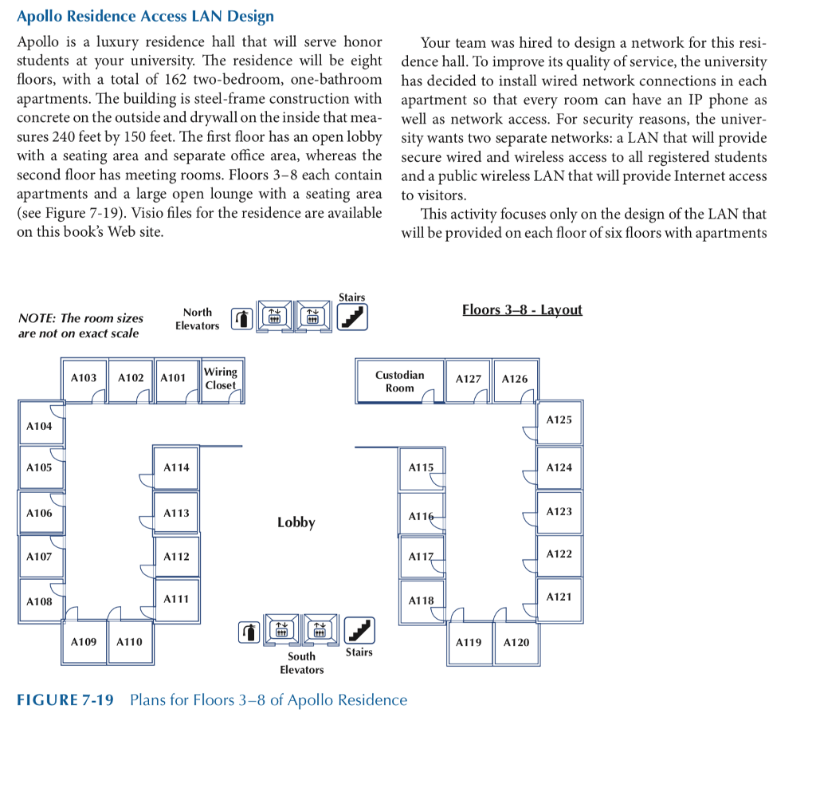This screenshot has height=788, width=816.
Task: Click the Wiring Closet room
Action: click(221, 379)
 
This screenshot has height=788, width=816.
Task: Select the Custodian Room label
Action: click(399, 381)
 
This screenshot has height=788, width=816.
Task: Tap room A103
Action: click(84, 378)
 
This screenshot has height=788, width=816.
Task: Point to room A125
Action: click(559, 420)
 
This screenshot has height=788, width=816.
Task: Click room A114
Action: click(176, 468)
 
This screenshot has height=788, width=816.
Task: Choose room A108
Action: click(39, 601)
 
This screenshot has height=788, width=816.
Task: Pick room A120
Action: click(516, 642)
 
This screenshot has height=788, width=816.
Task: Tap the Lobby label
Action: click(296, 522)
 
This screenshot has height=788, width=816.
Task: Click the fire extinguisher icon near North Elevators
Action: click(241, 319)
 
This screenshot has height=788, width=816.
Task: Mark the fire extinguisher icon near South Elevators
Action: click(250, 632)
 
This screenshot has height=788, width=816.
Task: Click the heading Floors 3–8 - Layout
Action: click(522, 309)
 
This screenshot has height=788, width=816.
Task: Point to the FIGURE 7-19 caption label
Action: click(65, 700)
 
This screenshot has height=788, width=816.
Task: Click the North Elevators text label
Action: click(197, 319)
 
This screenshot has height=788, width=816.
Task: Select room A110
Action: click(129, 642)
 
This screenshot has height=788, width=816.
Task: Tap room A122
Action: click(559, 554)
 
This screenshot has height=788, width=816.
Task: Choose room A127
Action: click(469, 379)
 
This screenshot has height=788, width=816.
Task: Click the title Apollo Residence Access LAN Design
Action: click(145, 16)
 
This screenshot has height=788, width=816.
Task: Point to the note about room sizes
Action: click(80, 325)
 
